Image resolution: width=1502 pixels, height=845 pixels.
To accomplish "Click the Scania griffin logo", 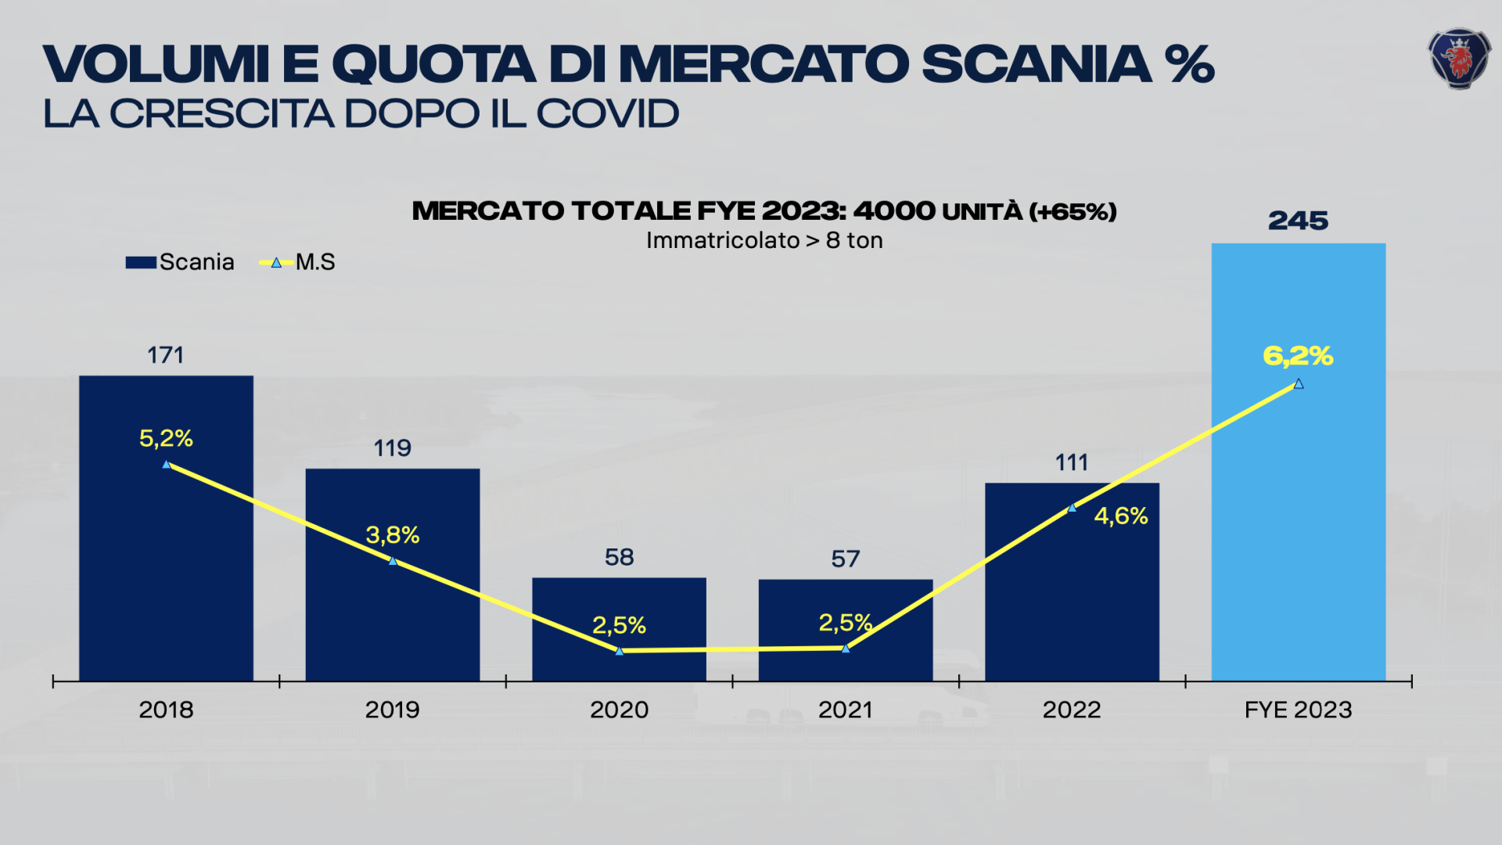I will (x=1459, y=59).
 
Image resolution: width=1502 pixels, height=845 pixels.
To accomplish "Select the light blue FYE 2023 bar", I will (x=1298, y=532).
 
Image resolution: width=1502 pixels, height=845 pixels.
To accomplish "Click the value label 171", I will (x=166, y=355).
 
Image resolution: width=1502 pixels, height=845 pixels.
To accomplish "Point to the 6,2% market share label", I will (x=1298, y=356).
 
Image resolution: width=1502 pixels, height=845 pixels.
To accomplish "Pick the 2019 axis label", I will (x=392, y=710).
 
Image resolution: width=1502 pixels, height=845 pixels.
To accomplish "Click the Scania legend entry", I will (x=181, y=262).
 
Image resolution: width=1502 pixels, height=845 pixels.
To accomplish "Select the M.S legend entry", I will (x=298, y=262).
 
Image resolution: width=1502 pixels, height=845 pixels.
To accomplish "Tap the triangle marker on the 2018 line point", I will (x=166, y=465).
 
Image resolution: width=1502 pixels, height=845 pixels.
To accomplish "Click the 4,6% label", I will (x=1120, y=516).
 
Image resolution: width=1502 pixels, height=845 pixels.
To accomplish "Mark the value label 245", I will (x=1298, y=221).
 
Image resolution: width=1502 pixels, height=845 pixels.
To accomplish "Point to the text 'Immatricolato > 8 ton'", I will (x=764, y=240).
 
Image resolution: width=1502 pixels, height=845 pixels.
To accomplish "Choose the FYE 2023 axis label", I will (x=1298, y=710).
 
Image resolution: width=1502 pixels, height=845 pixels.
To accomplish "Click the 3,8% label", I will (x=393, y=535).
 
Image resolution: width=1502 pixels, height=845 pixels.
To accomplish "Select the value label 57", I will (x=845, y=559).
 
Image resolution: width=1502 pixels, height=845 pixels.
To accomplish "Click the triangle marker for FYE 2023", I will (x=1299, y=384).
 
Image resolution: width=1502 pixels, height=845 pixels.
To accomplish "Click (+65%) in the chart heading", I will (x=1073, y=211).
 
